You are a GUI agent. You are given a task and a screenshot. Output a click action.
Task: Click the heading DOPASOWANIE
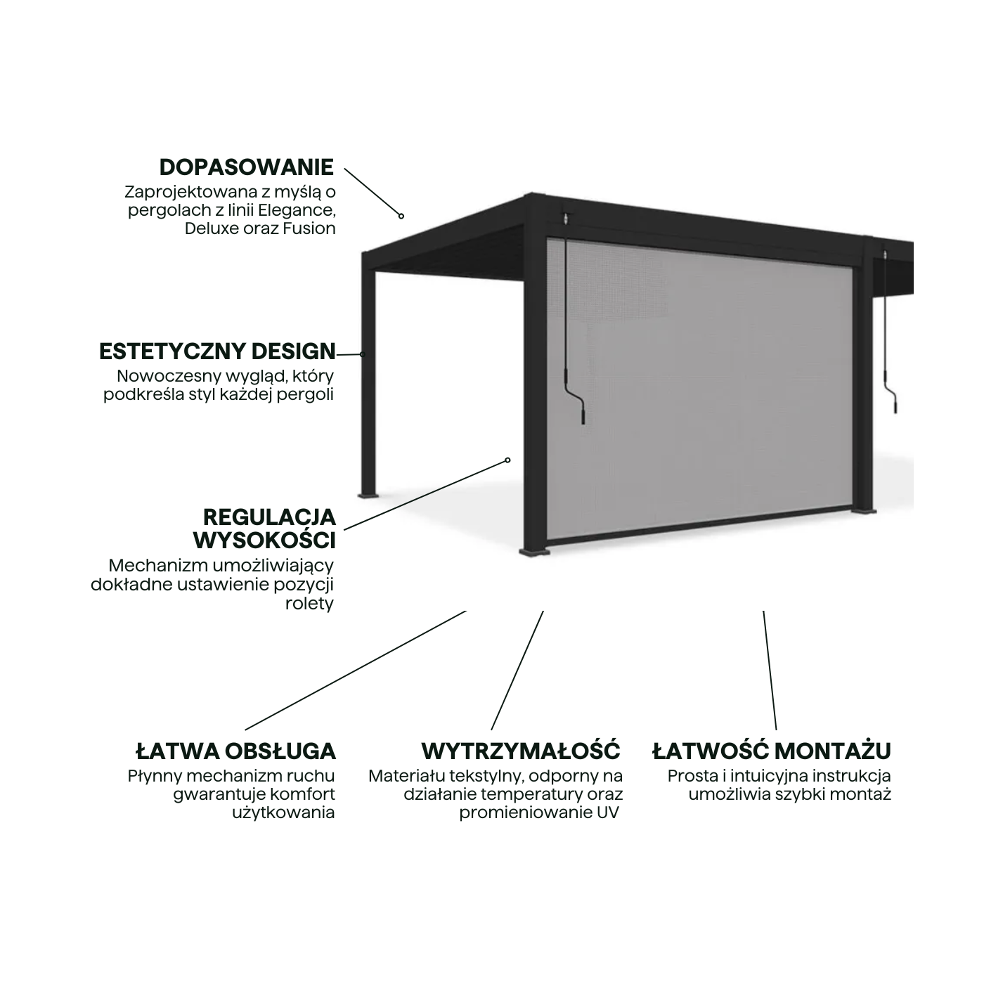coord(246,167)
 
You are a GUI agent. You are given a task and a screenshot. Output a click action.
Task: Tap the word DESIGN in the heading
coord(293,351)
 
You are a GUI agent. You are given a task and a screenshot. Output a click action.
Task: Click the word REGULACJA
coord(269,517)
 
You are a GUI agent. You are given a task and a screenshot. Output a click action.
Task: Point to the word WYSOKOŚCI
coord(264,540)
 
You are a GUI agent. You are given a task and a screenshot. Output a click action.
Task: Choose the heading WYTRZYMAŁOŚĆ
coord(520,751)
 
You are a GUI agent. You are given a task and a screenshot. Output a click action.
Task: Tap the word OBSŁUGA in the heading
coord(280,751)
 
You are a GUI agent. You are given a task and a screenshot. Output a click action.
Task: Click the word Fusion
coord(309,228)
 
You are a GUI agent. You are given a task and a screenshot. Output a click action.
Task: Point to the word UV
coord(607,813)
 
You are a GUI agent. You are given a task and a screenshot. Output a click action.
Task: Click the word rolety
coord(309,603)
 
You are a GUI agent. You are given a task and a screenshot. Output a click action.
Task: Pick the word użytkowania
coord(283,813)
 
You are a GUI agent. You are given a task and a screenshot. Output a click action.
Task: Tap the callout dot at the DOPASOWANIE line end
coord(401,216)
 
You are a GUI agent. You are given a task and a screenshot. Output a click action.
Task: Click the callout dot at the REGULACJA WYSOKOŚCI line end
coord(507,460)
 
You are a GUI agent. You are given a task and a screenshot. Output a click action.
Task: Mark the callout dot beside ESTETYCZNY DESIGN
coord(363,354)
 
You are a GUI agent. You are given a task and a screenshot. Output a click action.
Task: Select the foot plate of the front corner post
coord(535,552)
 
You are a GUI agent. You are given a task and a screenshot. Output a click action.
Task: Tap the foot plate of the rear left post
coord(368,495)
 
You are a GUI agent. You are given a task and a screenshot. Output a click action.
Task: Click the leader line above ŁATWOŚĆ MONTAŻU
coord(770,671)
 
